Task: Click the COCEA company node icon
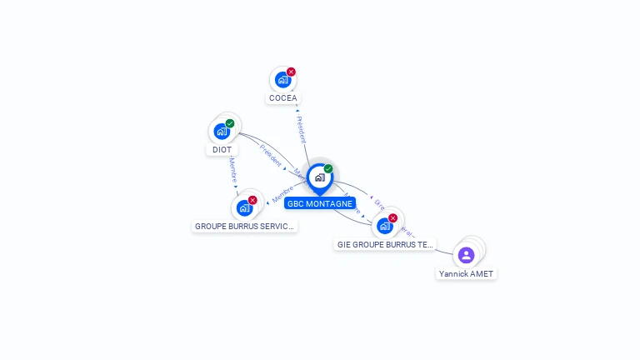pos(282,80)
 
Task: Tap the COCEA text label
pos(282,98)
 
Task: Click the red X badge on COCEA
pos(291,72)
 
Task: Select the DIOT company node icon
pos(222,132)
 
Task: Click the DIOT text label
pos(222,150)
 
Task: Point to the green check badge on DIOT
pos(230,123)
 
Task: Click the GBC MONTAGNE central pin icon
pos(319,177)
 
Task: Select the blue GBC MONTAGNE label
pos(320,203)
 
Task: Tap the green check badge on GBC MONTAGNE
pos(328,168)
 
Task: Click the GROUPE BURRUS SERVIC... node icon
pos(244,207)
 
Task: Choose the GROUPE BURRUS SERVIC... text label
pos(244,226)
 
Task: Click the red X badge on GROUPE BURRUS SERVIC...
pos(252,200)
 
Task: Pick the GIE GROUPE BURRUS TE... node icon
pos(384,225)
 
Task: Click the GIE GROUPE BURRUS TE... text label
pos(385,245)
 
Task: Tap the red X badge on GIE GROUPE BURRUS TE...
pos(392,217)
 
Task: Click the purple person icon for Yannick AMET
pos(466,254)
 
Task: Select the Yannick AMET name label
pos(467,273)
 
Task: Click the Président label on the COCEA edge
pos(301,129)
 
